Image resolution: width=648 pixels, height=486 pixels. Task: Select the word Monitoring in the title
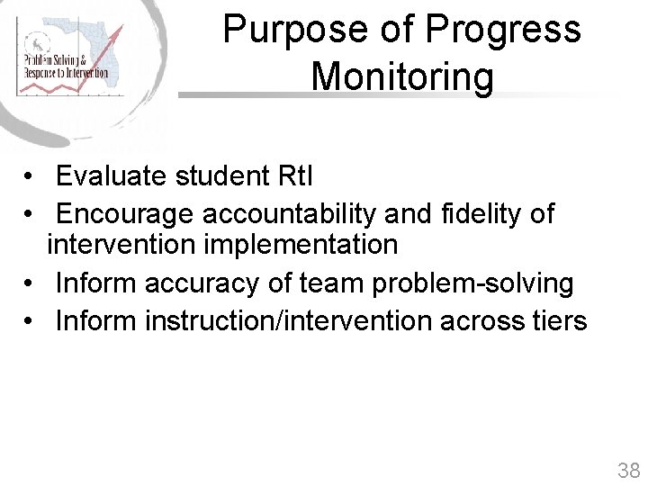[402, 76]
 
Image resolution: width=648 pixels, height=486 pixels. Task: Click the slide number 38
[628, 470]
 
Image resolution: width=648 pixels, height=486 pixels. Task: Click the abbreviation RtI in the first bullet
[291, 176]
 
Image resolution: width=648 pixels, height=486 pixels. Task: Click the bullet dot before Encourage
[30, 215]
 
